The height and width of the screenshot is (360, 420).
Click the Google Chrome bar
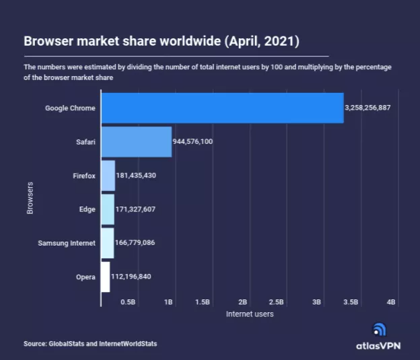pos(222,108)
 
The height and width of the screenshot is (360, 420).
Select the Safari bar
pos(137,141)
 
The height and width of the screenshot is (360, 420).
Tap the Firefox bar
pos(108,176)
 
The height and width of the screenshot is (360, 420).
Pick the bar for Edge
pos(108,209)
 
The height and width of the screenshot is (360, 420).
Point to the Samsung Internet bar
pos(108,242)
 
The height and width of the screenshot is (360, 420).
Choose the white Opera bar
pos(106,276)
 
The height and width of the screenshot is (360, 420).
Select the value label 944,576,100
pos(193,141)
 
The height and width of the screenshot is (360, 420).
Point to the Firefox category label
pos(84,176)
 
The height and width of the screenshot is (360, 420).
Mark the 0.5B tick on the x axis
pos(128,302)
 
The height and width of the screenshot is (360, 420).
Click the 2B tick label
pos(243,302)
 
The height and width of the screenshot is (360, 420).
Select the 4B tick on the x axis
pos(391,302)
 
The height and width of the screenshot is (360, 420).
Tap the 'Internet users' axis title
pos(250,314)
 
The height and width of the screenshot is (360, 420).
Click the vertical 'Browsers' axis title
pos(30,197)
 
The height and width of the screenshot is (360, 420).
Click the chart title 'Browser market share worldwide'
pos(162,42)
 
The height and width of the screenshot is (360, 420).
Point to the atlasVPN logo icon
pos(380,330)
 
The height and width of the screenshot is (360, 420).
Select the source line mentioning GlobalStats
pos(90,344)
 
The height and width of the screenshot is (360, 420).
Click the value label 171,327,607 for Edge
pos(136,209)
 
